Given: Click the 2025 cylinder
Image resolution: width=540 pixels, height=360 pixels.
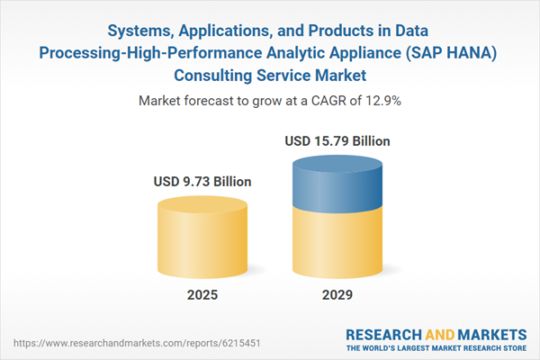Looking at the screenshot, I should (202, 237).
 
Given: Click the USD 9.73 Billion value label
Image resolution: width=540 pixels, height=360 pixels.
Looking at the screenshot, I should (202, 182).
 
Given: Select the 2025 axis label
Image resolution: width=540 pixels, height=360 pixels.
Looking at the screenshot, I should (202, 295).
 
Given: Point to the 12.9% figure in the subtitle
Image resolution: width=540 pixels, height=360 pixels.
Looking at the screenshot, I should (382, 101).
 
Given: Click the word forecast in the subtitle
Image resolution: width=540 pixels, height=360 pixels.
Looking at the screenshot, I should (216, 101).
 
